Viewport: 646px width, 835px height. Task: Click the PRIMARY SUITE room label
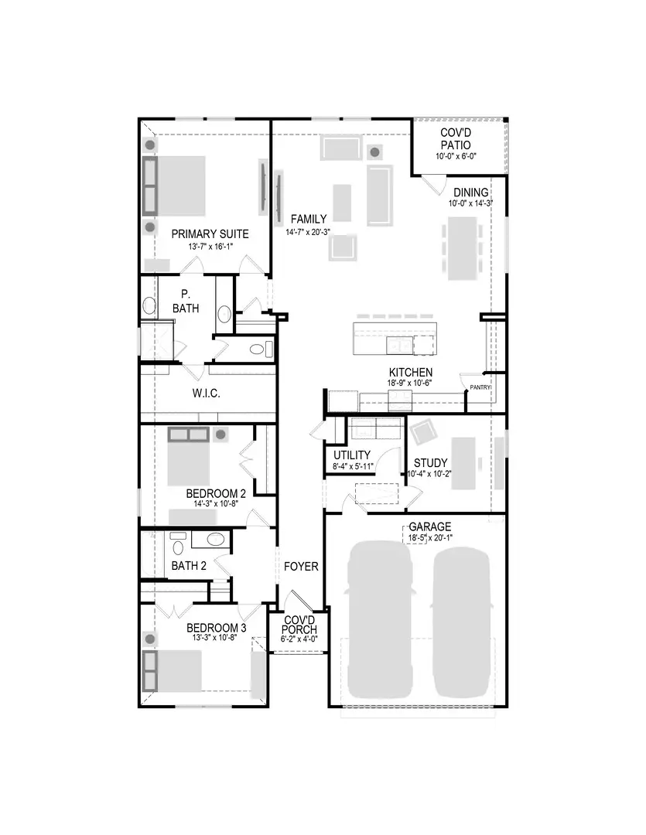point(210,233)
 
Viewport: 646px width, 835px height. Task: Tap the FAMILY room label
point(308,219)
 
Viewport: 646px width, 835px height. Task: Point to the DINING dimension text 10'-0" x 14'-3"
point(470,204)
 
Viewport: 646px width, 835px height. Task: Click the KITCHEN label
point(410,372)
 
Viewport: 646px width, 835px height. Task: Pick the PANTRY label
point(480,387)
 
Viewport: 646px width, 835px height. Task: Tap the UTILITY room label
point(352,455)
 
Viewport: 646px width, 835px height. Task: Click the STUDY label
point(430,463)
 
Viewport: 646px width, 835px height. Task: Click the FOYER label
point(301,567)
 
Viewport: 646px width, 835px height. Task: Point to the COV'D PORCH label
point(299,625)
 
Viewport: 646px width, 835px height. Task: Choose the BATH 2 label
point(189,566)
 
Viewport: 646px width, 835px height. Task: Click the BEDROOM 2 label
point(216,493)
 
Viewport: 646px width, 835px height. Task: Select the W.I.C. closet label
point(207,394)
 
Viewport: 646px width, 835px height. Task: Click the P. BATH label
point(186,301)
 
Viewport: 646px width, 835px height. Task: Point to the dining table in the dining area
point(462,247)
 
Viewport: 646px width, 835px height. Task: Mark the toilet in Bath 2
point(178,548)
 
